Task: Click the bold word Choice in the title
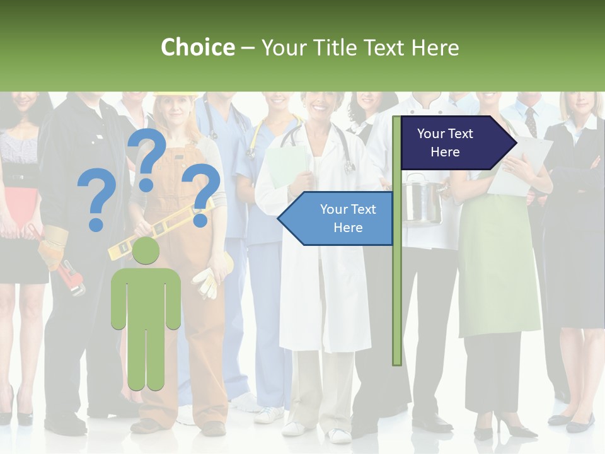(x=197, y=47)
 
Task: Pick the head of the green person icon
(x=146, y=251)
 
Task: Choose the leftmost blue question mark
(x=96, y=201)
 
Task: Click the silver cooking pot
(x=422, y=201)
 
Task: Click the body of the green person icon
(x=146, y=315)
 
